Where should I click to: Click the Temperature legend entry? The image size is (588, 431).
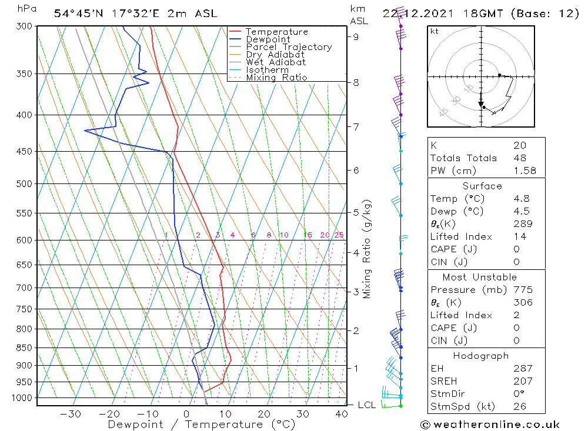276,32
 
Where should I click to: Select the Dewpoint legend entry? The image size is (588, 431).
268,39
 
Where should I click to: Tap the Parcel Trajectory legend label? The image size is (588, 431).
289,47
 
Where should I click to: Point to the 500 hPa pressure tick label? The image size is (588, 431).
24,183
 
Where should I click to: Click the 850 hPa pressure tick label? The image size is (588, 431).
24,348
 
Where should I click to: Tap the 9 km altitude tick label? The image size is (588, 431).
356,36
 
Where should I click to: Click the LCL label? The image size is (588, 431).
366,405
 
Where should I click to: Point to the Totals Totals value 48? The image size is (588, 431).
520,158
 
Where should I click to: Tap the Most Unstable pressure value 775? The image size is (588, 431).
523,290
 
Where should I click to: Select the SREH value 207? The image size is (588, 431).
523,382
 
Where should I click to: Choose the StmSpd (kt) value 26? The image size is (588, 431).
520,406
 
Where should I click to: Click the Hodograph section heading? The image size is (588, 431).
481,356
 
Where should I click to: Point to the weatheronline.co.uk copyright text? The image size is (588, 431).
490,425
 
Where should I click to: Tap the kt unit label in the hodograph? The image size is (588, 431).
435,31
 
